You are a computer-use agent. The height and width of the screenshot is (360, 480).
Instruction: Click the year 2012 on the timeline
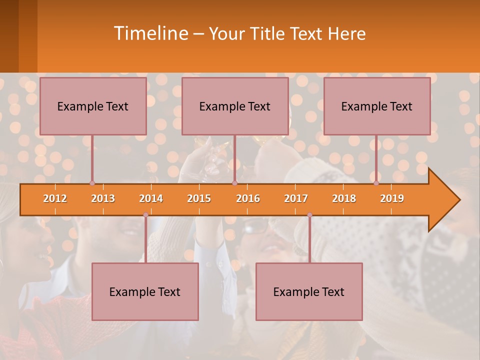[x=55, y=198]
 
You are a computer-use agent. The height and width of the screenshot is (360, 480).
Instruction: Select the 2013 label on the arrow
[x=103, y=198]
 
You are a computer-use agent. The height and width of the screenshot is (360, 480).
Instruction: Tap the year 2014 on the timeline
[x=151, y=198]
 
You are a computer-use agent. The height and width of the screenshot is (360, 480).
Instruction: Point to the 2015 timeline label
[x=199, y=198]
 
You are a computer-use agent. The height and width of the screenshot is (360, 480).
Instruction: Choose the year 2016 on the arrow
[x=248, y=198]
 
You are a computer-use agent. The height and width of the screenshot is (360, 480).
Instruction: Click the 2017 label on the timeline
[x=296, y=198]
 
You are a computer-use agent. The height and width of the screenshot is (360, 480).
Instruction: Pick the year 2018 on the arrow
[x=344, y=198]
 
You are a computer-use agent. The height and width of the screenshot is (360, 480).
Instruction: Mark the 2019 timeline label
[x=392, y=198]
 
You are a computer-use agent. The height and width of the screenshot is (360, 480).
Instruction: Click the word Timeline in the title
[x=150, y=33]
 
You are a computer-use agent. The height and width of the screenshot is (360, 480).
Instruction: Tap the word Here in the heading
[x=346, y=34]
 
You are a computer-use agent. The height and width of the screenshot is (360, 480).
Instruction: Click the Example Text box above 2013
[x=93, y=106]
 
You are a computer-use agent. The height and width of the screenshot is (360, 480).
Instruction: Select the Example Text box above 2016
[x=235, y=106]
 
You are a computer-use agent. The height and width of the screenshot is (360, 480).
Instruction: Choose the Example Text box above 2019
[x=377, y=106]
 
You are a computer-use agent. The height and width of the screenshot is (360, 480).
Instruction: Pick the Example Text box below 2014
[x=145, y=291]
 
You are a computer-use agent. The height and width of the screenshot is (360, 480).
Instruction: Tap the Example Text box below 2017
[x=309, y=291]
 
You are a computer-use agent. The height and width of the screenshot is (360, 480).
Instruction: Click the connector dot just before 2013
[x=92, y=183]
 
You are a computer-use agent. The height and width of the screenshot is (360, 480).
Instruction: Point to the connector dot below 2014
[x=145, y=214]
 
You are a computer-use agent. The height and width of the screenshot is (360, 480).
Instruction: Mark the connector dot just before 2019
[x=376, y=183]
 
